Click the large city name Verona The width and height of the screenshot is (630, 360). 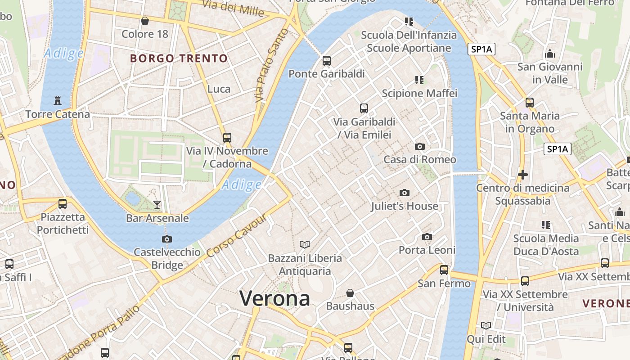274,298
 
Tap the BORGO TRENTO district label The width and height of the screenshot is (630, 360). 179,58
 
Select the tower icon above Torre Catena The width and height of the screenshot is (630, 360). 58,100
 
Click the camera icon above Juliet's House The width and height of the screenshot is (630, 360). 405,193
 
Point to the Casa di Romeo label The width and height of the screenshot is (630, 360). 419,159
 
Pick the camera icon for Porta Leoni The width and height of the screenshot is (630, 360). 427,237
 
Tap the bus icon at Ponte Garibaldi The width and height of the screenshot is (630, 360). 327,60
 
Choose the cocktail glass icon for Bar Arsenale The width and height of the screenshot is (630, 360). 157,205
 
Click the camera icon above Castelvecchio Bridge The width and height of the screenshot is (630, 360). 167,239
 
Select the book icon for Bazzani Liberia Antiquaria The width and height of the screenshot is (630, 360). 305,244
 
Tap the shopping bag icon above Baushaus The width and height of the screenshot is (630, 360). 350,293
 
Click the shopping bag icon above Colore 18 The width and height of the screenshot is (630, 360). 145,21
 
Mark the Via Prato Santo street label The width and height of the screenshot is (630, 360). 271,65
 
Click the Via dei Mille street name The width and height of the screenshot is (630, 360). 233,8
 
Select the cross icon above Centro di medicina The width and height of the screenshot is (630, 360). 523,175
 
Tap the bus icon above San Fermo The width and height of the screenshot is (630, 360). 444,270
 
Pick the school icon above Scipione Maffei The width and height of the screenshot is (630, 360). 419,80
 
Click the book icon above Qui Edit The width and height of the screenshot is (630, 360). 486,325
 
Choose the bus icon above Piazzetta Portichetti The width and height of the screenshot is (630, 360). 63,203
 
